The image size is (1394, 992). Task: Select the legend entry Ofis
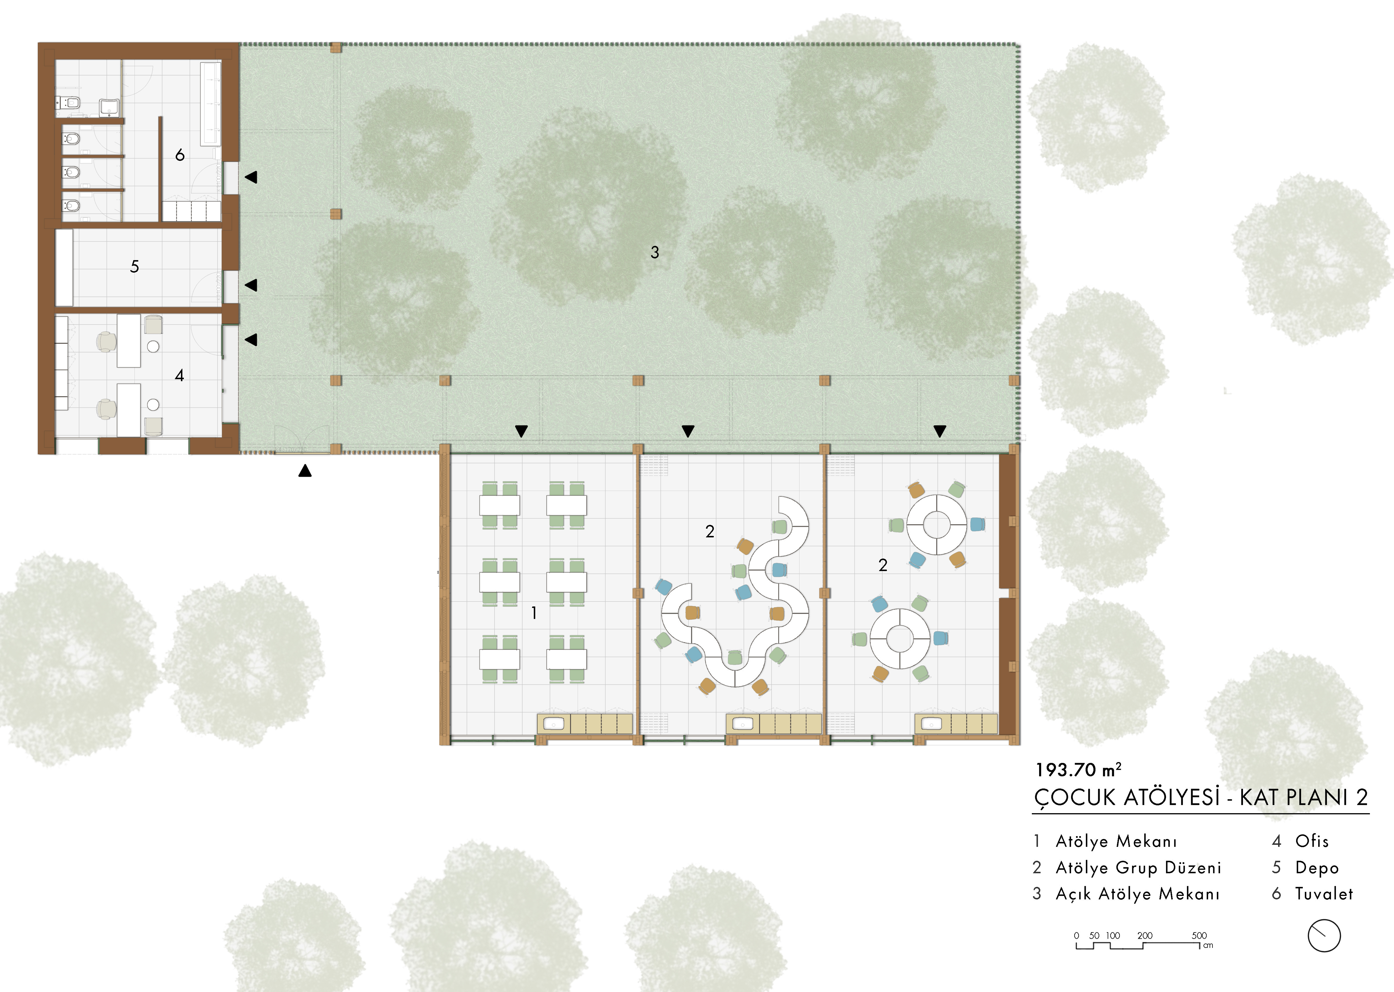point(1312,841)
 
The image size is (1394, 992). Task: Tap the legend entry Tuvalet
point(1324,894)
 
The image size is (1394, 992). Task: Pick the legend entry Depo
point(1316,867)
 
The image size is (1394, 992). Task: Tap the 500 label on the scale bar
point(1199,935)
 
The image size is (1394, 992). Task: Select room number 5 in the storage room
point(134,266)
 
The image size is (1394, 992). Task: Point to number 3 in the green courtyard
point(655,252)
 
